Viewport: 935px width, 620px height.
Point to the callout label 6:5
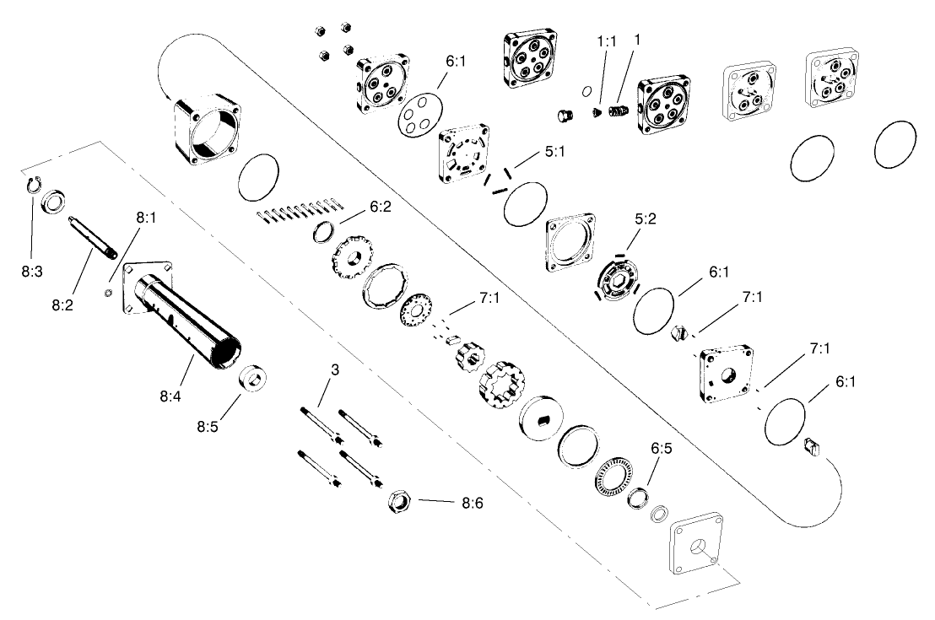(x=661, y=449)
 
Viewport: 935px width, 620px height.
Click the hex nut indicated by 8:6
(x=398, y=502)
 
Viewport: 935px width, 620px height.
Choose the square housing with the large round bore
(x=208, y=131)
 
